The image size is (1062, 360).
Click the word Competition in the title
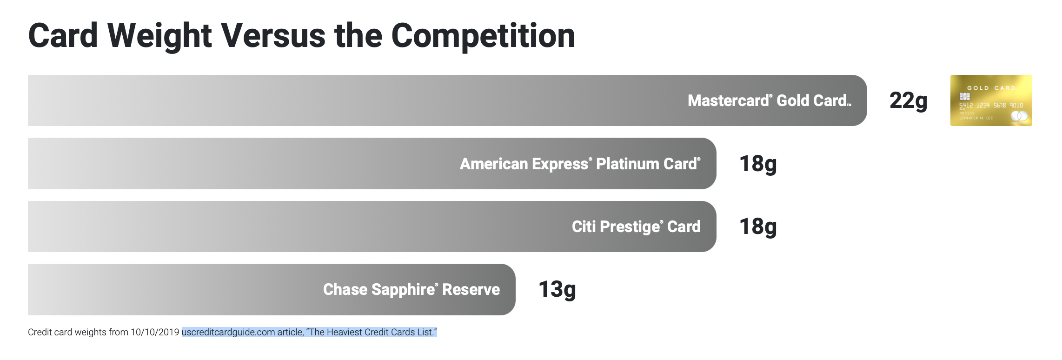point(483,36)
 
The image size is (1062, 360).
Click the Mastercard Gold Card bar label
point(770,100)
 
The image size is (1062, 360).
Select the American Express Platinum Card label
point(580,164)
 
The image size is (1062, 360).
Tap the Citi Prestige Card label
point(636,227)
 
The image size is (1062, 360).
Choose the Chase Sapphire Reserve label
point(412,289)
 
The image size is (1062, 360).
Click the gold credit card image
point(991,100)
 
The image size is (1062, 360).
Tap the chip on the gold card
point(965,96)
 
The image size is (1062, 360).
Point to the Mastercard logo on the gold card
point(1019,116)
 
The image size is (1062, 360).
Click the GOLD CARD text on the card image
point(992,88)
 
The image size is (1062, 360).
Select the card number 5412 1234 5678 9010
point(991,106)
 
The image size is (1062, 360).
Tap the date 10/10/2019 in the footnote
point(155,332)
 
